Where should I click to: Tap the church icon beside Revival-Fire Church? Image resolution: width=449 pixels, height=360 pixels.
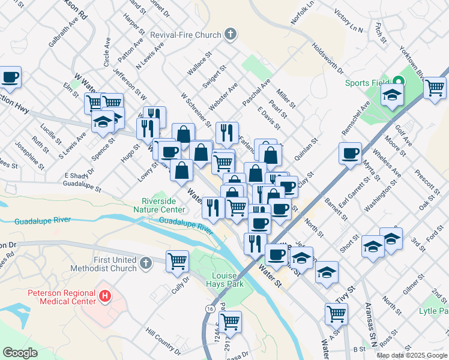click(x=230, y=35)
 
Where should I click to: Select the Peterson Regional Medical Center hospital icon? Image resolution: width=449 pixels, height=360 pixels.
click(x=106, y=296)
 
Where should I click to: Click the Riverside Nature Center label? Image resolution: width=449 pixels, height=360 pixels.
click(x=163, y=205)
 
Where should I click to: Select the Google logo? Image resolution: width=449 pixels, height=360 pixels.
click(x=20, y=352)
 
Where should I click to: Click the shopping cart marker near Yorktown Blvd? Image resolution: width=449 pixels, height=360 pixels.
click(x=435, y=88)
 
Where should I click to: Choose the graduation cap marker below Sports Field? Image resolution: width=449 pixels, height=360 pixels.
click(x=392, y=95)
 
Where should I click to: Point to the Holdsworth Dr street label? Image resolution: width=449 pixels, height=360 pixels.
click(x=327, y=58)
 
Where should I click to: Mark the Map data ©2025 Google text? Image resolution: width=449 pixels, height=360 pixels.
click(x=411, y=355)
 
